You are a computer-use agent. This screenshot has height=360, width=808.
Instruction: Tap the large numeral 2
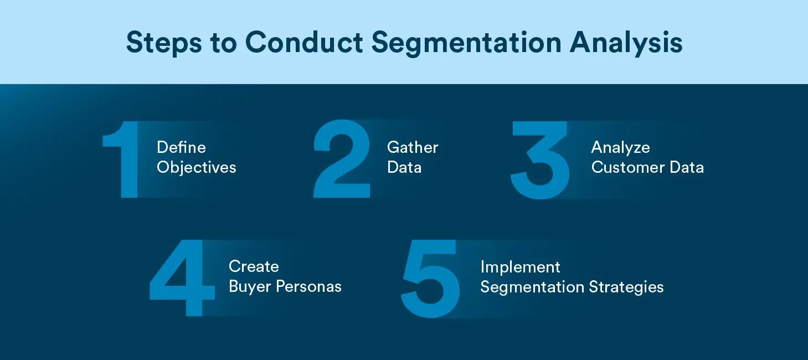[x=342, y=160]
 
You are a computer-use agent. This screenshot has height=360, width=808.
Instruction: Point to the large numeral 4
[x=183, y=279]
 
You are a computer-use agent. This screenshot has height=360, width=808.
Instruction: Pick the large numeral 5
[x=431, y=280]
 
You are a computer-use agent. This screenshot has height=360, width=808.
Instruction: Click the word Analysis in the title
[x=625, y=43]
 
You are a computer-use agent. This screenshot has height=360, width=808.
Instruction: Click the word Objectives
[x=197, y=167]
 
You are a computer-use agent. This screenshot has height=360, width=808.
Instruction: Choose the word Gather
[x=413, y=147]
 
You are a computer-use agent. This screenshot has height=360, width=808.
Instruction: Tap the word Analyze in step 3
[x=620, y=148]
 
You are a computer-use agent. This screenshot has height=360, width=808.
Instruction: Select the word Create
[x=254, y=266]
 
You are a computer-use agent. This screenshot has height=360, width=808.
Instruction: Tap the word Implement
[x=520, y=268]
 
